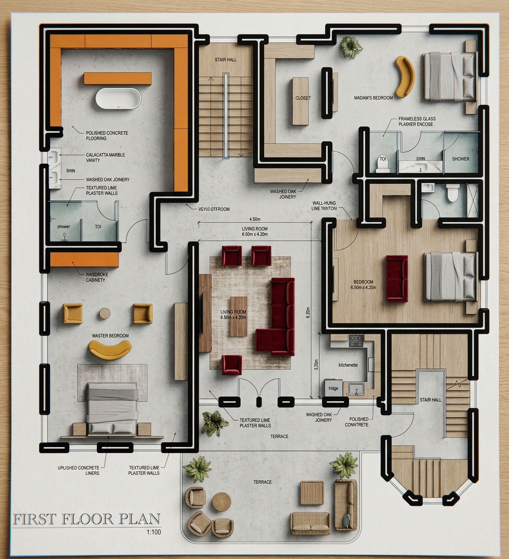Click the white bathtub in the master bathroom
pos(118,99)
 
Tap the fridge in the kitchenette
pos(333,388)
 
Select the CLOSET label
pos(303,98)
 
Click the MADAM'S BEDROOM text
pos(373,98)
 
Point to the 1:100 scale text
pos(154,532)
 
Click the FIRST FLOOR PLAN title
pos(87,519)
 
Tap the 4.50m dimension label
pos(255,219)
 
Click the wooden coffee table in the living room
pos(238,316)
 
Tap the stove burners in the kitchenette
pos(356,340)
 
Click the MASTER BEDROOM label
pos(111,336)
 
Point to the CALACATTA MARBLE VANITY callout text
pos(105,158)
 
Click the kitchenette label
pos(348,365)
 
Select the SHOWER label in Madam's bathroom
pos(461,159)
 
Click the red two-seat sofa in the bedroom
pos(397,278)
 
